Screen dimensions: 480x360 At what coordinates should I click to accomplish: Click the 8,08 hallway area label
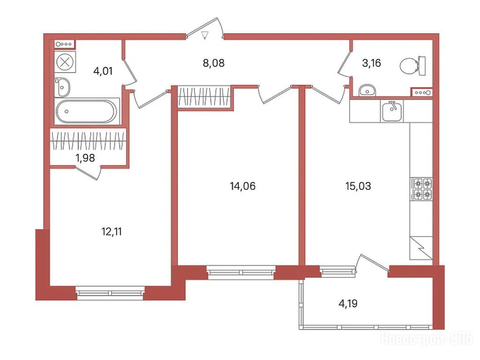(x=214, y=63)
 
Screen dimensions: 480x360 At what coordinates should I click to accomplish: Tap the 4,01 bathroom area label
(x=103, y=71)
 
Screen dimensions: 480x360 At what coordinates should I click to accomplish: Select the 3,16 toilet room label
(x=371, y=63)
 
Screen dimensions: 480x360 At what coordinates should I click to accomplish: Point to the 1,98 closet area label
(x=85, y=158)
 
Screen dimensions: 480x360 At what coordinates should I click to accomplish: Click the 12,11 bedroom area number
(x=112, y=232)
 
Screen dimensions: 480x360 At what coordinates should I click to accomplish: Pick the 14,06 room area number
(x=243, y=186)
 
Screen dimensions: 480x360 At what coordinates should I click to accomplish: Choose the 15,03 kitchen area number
(x=358, y=186)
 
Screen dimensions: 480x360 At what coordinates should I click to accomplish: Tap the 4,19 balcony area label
(x=348, y=303)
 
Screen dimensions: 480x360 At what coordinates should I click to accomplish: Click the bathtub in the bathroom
(x=87, y=111)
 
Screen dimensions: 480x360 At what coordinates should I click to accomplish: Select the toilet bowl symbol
(x=412, y=66)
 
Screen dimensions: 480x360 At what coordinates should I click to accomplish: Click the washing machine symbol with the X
(x=65, y=62)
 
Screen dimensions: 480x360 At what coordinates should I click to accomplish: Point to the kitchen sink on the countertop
(x=392, y=111)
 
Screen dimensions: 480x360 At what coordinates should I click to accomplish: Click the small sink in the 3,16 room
(x=367, y=90)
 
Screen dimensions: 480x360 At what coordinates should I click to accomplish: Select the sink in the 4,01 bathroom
(x=62, y=87)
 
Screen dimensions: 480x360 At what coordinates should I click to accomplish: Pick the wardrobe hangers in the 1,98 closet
(x=88, y=141)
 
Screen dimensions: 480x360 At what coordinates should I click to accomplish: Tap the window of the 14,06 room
(x=241, y=272)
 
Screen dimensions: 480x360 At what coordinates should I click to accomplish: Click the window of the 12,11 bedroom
(x=110, y=293)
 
